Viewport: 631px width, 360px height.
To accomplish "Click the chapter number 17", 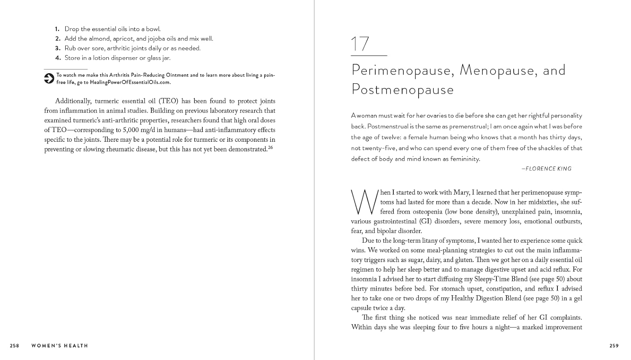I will click(360, 44).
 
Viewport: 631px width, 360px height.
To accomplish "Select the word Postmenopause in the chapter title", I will click(403, 90).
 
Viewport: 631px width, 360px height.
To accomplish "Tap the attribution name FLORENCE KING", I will click(549, 169).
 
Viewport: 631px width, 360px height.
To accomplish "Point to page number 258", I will click(15, 346).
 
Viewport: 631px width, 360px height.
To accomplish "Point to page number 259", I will click(614, 346).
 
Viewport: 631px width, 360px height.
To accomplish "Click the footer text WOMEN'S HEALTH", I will click(60, 346).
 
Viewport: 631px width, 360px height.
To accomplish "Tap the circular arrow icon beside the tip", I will click(49, 78).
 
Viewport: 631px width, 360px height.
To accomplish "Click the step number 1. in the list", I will click(57, 29).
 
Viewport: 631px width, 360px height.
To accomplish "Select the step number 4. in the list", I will click(57, 58).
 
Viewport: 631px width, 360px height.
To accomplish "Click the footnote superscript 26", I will click(270, 148).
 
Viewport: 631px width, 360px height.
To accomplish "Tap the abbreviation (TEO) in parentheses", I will click(169, 101).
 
